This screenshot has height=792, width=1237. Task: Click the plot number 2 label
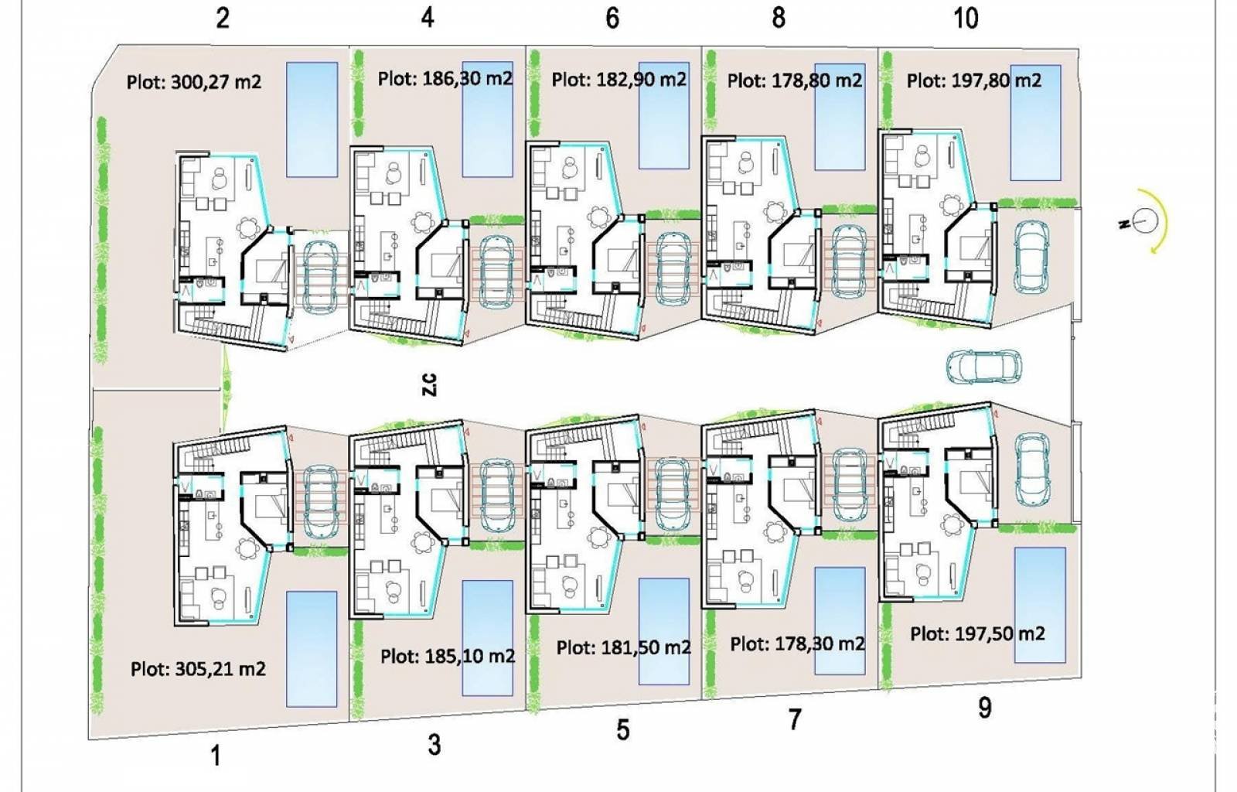[x=223, y=17]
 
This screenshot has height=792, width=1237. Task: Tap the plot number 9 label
[x=984, y=708]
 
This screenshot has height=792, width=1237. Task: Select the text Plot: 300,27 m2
[x=194, y=81]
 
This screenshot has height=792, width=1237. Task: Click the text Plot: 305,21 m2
[x=198, y=669]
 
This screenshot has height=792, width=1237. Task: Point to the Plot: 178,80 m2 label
[x=794, y=80]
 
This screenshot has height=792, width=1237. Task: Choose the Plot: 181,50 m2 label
[x=623, y=647]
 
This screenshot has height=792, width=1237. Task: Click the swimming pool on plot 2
[x=312, y=120]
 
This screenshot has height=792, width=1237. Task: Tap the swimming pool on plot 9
[x=1039, y=605]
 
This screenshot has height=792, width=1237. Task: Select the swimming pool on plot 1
[x=312, y=649]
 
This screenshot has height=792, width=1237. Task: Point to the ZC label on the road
[x=429, y=384]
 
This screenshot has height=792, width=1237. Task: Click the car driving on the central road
[x=983, y=367]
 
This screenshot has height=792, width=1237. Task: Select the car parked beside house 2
[x=319, y=276]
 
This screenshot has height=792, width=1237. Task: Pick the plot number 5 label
[x=623, y=729]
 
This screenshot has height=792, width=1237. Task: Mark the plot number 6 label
[x=612, y=17]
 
